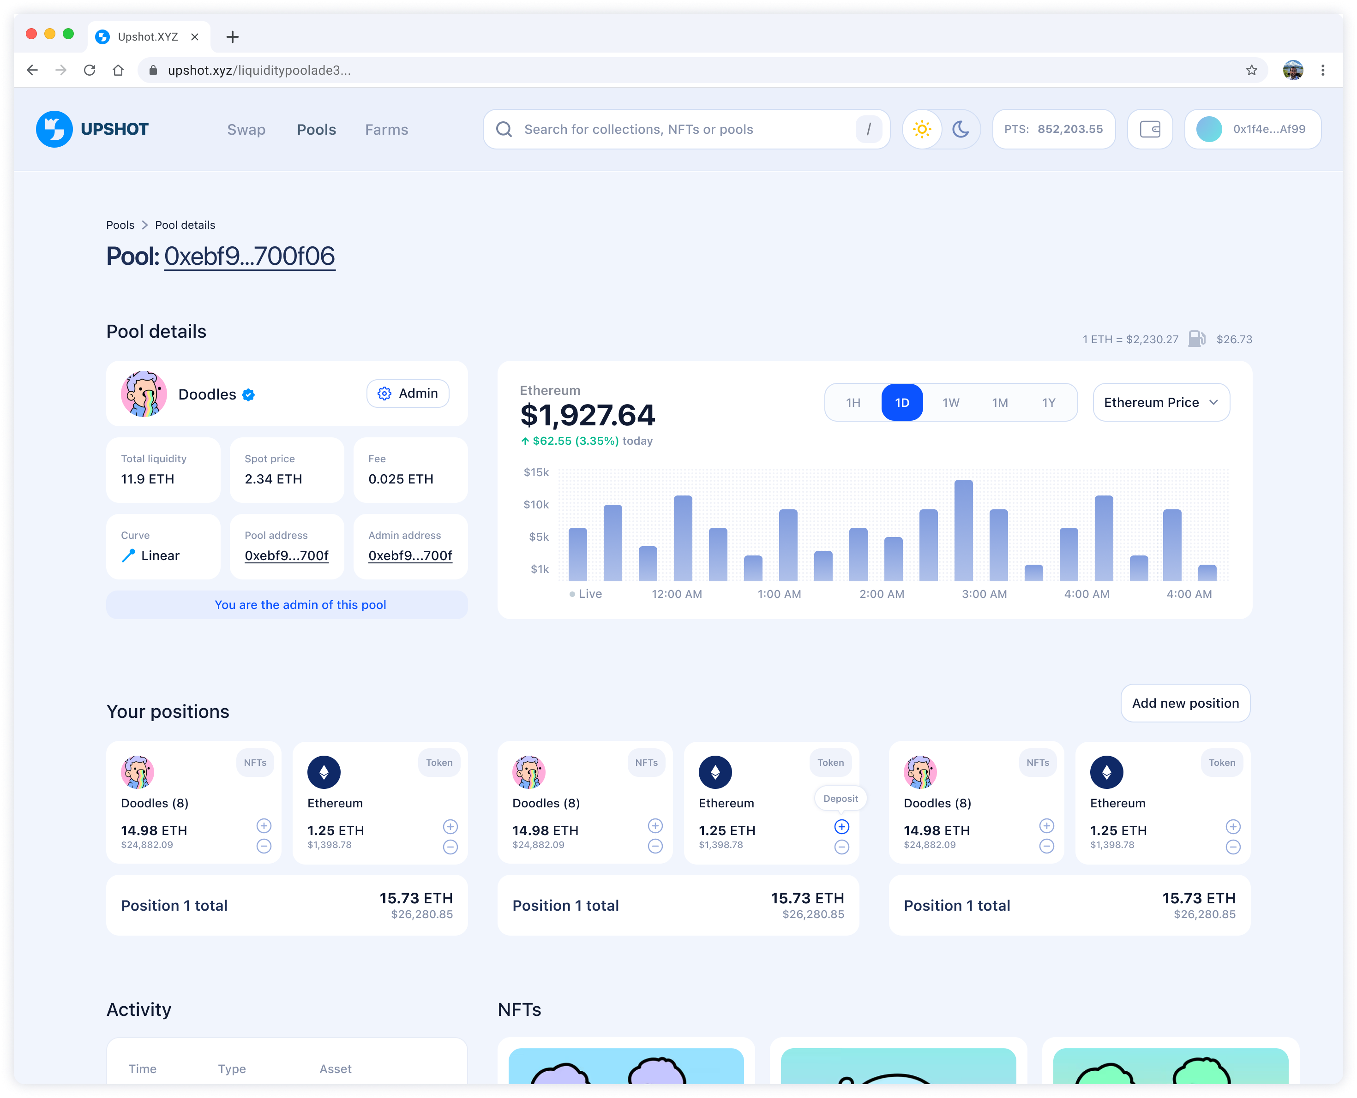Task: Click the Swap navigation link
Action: pos(246,130)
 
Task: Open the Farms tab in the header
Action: pos(386,130)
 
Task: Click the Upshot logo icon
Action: pos(54,129)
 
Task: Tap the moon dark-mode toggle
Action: pos(961,129)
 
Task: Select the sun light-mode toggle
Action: pos(922,129)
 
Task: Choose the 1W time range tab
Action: pos(950,403)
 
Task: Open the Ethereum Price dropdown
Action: pos(1161,402)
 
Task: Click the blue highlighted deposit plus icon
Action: pos(841,827)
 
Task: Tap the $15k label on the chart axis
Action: pos(536,472)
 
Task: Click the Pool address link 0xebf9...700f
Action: pos(287,556)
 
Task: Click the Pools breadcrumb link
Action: pos(120,225)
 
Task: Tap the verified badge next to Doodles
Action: pos(249,394)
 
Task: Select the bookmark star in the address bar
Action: pos(1251,70)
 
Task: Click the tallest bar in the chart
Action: pos(963,530)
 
